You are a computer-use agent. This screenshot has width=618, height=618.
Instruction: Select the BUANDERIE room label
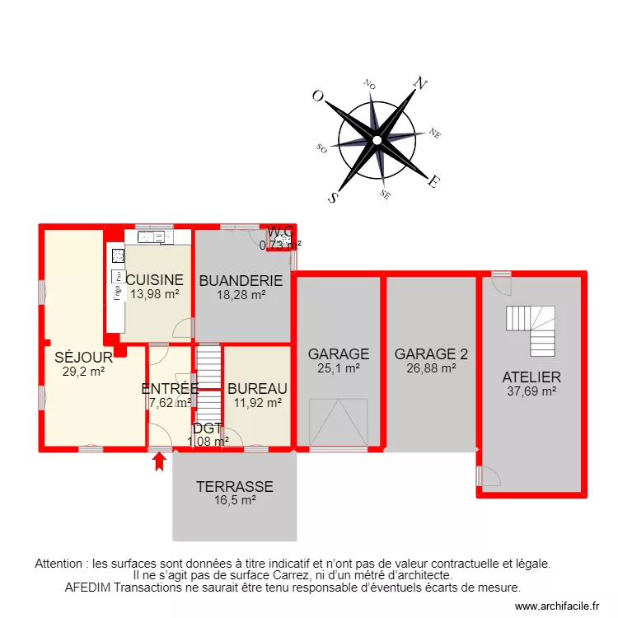pos(241,280)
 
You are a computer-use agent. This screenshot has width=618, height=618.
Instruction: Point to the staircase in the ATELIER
pos(531,330)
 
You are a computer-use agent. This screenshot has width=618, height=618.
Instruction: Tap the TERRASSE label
pos(234,487)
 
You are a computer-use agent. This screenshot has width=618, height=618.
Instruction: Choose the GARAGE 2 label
pos(431,354)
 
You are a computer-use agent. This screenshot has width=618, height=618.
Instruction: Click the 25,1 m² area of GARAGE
pos(338,368)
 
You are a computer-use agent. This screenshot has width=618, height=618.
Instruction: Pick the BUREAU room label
pos(257,389)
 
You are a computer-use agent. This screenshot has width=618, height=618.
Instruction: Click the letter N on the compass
pos(422,83)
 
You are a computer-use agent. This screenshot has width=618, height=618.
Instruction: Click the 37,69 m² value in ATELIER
pos(531,391)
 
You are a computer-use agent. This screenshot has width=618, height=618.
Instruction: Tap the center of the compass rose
pos(377,140)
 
